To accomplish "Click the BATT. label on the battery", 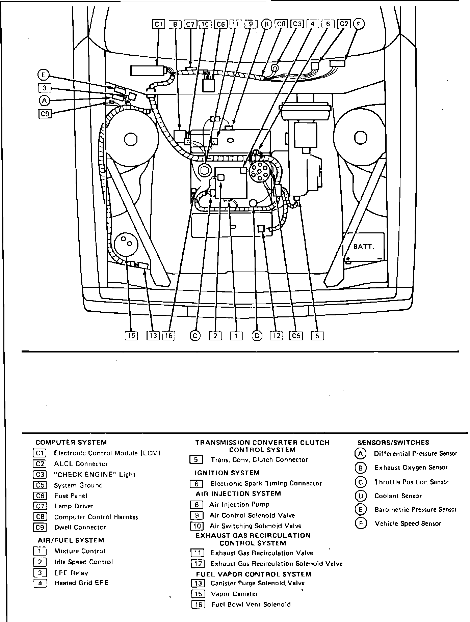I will click(364, 247).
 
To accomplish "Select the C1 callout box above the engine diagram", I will click(159, 24).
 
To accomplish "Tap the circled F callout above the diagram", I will click(359, 24).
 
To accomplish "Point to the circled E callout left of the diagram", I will click(44, 75).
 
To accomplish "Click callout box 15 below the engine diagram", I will click(131, 336).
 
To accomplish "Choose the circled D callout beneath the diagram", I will click(257, 336).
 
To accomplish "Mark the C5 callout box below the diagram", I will click(296, 336).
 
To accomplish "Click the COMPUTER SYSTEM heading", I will click(71, 442).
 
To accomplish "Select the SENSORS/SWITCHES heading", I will click(393, 443).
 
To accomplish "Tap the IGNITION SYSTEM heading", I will click(227, 473).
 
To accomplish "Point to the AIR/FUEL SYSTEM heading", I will click(71, 540).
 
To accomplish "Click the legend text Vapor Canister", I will click(234, 594).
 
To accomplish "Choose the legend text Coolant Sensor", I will click(398, 496).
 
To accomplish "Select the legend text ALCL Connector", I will click(81, 464).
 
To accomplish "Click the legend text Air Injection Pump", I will click(239, 505).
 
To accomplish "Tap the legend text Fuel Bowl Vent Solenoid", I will click(251, 604).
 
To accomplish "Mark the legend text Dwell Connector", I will click(80, 527).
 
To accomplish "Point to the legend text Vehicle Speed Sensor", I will click(408, 524).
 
